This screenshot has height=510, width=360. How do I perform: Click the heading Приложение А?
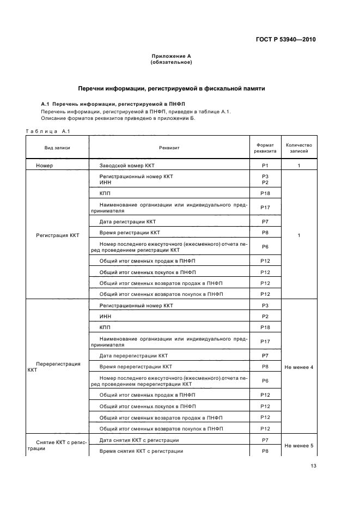[171, 56]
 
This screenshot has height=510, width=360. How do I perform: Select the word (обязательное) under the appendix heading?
[171, 62]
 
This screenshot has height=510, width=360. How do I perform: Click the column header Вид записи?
[57, 147]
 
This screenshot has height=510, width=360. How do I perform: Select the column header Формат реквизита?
[265, 148]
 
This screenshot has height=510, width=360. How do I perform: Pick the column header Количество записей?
[298, 148]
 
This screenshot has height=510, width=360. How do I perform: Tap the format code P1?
[265, 165]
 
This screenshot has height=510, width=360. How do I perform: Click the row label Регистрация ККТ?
[57, 235]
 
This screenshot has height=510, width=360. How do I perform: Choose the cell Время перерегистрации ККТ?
[136, 367]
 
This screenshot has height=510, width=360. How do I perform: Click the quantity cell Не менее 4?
[298, 367]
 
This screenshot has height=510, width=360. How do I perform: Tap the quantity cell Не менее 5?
[298, 446]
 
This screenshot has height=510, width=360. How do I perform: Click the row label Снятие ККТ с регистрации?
[57, 446]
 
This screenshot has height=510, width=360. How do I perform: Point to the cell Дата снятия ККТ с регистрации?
[139, 440]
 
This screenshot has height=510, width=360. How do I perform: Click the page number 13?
[313, 465]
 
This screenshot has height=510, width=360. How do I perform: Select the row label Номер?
[45, 165]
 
